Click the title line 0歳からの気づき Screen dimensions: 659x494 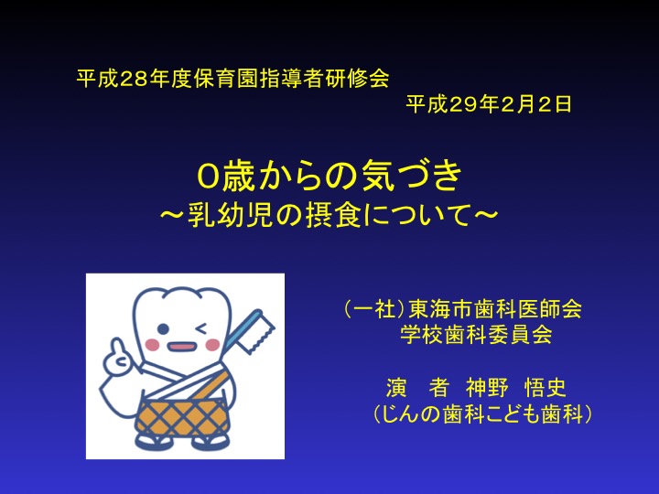329,176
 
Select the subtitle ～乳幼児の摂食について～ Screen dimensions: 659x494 329,215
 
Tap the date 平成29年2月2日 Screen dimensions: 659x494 489,104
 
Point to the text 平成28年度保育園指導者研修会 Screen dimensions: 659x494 232,78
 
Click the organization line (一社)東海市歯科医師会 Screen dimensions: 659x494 463,309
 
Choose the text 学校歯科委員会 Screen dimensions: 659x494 476,335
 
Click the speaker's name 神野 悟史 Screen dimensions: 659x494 516,387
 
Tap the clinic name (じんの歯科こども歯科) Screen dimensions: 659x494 482,413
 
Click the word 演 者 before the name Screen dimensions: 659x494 417,387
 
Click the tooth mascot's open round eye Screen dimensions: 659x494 164,329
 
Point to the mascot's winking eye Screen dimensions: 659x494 201,328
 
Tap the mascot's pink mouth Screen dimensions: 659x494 181,348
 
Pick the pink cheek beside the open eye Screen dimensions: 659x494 152,345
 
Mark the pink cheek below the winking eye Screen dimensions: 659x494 212,345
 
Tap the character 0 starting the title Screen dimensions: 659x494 208,177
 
